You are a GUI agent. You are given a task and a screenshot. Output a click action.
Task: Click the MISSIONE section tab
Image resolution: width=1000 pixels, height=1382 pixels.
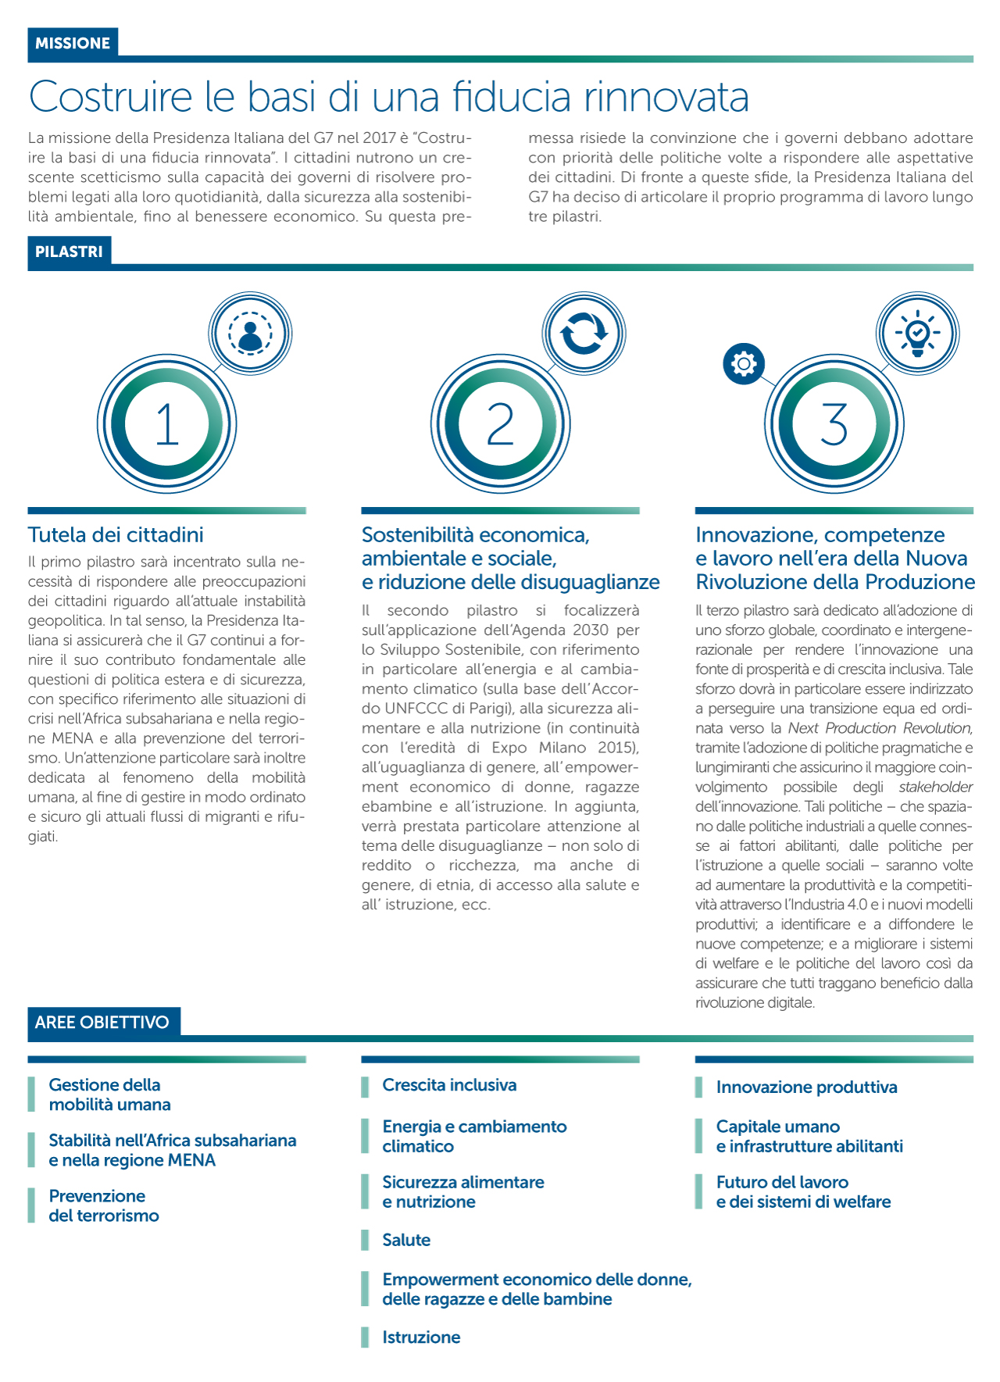click(x=73, y=44)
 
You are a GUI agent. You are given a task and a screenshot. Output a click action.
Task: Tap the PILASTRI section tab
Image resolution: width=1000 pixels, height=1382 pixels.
click(x=69, y=252)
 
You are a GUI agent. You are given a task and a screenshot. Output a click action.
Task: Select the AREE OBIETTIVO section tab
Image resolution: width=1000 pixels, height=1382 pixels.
click(x=102, y=1023)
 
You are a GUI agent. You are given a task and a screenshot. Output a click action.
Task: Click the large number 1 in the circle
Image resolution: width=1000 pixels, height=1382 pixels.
click(x=167, y=425)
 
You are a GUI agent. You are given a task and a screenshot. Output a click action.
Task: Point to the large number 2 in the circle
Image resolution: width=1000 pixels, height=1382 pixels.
click(x=501, y=425)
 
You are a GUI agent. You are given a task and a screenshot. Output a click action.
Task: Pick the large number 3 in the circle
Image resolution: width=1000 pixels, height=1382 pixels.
click(x=834, y=425)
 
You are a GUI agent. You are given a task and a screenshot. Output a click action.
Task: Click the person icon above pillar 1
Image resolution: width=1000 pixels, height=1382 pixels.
click(x=250, y=334)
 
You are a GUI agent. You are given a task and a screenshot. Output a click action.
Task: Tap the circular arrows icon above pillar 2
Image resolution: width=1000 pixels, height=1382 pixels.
click(x=584, y=334)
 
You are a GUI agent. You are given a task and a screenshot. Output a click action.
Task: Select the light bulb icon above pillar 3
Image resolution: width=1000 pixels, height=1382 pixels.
click(x=918, y=334)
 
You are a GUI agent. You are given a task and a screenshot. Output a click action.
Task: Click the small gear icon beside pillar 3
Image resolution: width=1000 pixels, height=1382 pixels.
click(x=744, y=364)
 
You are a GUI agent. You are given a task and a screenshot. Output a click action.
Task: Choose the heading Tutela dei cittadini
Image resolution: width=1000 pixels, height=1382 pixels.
click(x=116, y=535)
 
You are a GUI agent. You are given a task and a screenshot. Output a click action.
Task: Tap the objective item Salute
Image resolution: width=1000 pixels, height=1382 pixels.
click(x=406, y=1240)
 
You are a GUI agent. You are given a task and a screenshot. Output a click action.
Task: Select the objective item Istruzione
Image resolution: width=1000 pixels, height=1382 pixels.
click(x=421, y=1337)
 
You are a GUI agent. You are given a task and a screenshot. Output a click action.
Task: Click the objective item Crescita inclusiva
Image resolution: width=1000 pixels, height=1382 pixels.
click(x=449, y=1085)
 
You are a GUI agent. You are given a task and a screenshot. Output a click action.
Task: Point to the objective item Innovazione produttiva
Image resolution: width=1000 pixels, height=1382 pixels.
click(x=806, y=1087)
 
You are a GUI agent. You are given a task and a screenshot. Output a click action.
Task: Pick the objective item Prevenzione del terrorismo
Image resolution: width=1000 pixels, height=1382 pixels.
click(x=104, y=1206)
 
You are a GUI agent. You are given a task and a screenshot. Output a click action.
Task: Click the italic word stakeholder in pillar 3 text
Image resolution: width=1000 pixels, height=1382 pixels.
click(x=935, y=787)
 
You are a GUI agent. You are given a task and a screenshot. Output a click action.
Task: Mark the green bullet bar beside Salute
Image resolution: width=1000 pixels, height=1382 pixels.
click(x=365, y=1240)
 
